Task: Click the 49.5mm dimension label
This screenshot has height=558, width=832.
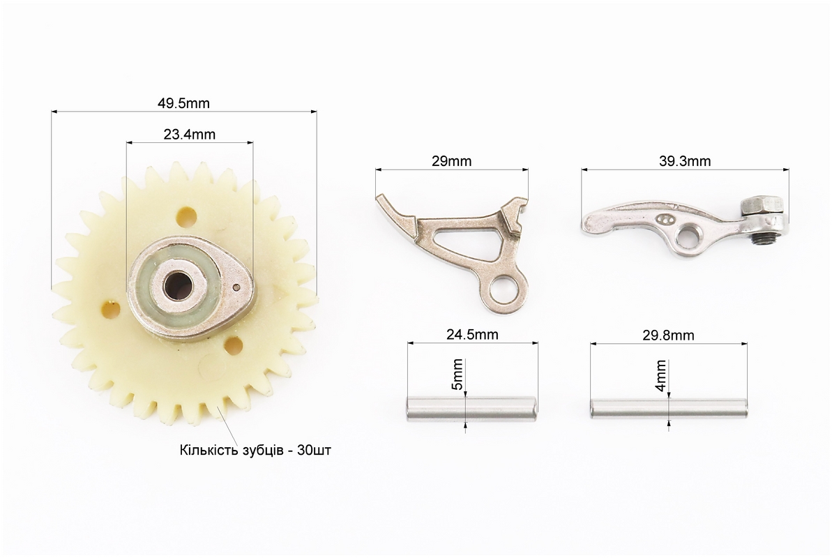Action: coord(183,103)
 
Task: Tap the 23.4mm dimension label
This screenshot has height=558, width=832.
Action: coord(190,135)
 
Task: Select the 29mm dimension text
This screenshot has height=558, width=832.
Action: coord(451,161)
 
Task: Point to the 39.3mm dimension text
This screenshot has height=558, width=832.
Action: coord(685,161)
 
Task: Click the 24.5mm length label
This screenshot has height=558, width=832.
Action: coord(472,335)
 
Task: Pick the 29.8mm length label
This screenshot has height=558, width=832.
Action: coord(669,335)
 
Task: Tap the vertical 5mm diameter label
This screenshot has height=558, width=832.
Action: coord(457,375)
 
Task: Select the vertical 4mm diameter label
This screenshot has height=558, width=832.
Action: coord(660,375)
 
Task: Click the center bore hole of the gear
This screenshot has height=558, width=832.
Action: coord(174,286)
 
